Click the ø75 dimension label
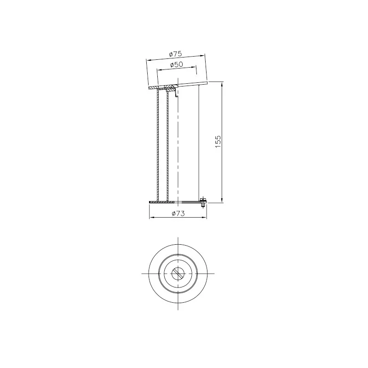[x=176, y=54]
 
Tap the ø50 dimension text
[x=177, y=64]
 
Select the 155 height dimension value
[x=218, y=141]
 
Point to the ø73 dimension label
[x=178, y=213]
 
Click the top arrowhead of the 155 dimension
[x=222, y=84]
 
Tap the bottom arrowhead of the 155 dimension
[x=222, y=200]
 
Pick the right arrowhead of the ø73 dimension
[x=204, y=218]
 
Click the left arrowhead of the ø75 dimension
[x=149, y=60]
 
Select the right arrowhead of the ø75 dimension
[x=202, y=55]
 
